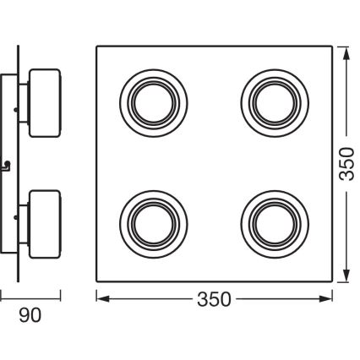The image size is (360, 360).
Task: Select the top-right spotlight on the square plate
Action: click(271, 100)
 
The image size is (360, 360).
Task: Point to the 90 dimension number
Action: click(30, 315)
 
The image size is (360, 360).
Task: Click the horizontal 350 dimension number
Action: click(214, 298)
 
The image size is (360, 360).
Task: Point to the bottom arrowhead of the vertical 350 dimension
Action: click(346, 277)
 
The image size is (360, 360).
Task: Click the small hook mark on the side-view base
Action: click(8, 162)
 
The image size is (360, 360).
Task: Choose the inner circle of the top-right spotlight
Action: click(271, 100)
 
